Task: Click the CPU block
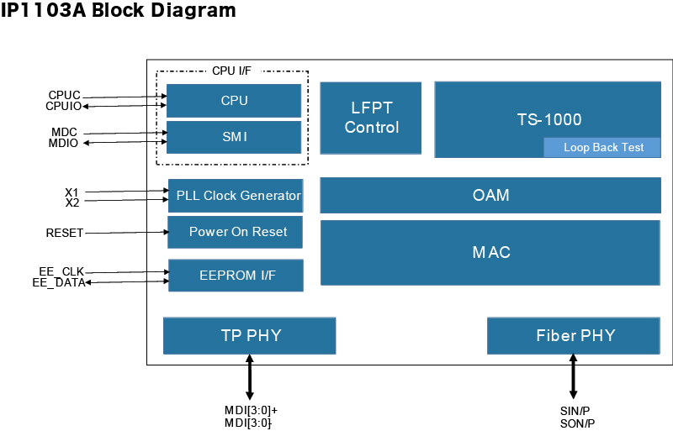point(234,100)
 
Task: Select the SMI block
point(234,137)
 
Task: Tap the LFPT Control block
point(371,118)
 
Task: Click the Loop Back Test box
point(602,148)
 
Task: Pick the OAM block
point(490,195)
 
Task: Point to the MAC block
point(490,253)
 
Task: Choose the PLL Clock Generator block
point(236,196)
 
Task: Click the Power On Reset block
point(236,232)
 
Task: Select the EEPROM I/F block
point(236,276)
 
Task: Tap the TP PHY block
point(249,336)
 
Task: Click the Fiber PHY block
point(574,336)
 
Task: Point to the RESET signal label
point(65,233)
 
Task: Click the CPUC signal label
point(65,95)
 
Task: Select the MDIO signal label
point(63,143)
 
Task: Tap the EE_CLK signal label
point(61,271)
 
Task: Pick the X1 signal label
point(72,192)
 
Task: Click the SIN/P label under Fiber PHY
point(575,411)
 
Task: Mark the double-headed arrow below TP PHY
point(249,377)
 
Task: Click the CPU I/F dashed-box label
point(231,71)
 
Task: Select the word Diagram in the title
point(193,10)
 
